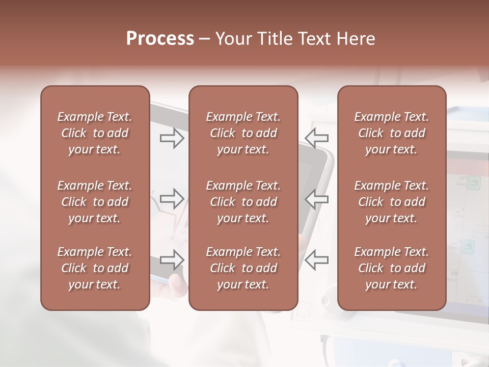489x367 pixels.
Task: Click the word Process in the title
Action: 160,39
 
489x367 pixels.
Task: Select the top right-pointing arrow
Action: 172,138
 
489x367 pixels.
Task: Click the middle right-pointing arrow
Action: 172,199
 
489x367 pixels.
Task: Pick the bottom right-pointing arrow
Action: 172,260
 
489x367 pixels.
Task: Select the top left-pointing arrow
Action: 317,138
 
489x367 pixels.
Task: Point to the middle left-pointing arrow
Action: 317,199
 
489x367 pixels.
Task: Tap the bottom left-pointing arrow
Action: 317,260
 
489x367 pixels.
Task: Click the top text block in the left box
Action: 95,133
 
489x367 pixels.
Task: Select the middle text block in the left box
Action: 95,202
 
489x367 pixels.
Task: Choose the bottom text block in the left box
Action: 95,268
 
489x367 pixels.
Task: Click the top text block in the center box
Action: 243,133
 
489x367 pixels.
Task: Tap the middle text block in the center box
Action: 243,202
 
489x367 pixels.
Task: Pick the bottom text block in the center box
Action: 243,268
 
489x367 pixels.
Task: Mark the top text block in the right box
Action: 392,133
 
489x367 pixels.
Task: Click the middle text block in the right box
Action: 392,202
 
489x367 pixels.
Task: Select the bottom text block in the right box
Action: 392,268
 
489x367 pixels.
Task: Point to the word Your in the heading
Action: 232,39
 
